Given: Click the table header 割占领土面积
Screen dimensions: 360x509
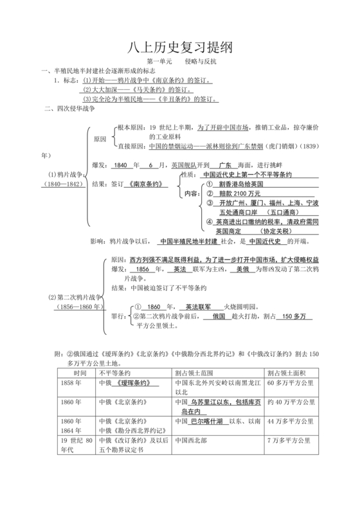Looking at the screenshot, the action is pos(287,373).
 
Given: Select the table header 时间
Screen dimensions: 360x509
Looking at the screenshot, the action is pos(80,373).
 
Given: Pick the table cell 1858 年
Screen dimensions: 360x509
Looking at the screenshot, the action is pos(72,383).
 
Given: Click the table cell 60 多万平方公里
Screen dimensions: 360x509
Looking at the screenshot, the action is pos(289,383).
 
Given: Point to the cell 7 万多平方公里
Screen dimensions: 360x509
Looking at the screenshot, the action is pos(289,441).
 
